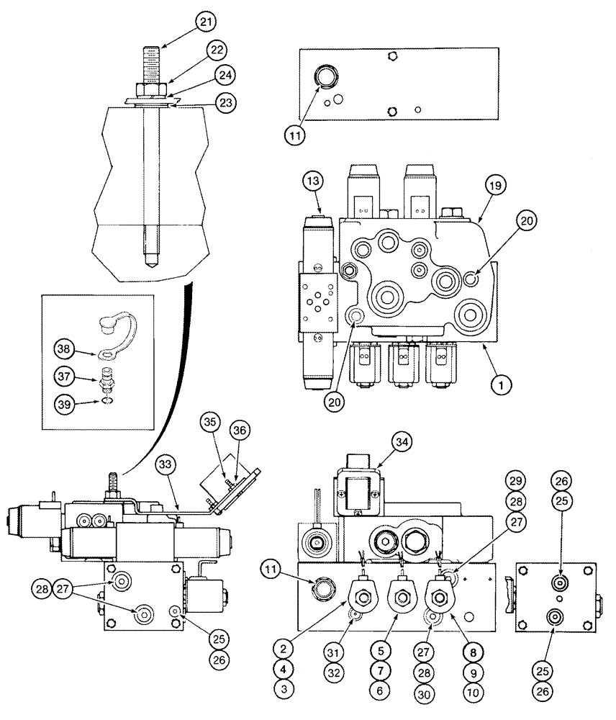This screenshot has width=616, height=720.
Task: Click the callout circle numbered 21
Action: (x=207, y=24)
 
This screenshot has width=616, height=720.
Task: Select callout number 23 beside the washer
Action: (x=227, y=103)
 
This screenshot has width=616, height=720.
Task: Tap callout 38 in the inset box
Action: (x=66, y=350)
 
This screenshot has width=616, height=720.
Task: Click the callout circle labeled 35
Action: (x=209, y=421)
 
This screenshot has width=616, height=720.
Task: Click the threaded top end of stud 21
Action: (x=152, y=56)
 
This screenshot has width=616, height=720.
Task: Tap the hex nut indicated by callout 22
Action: (x=151, y=89)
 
